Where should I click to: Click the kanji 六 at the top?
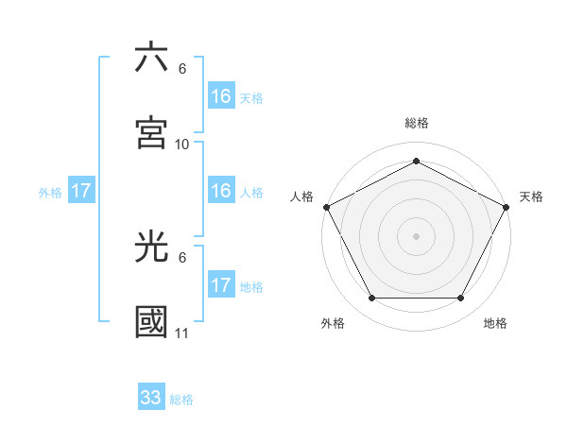click(151, 58)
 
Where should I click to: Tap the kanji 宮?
click(151, 132)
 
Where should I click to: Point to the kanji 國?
click(151, 322)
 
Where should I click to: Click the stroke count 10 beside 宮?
click(182, 145)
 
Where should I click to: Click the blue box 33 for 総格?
click(151, 398)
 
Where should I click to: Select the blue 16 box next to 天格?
click(221, 96)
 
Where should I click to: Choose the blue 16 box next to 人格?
click(221, 191)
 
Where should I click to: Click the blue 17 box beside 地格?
click(221, 285)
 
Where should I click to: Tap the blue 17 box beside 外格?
click(81, 191)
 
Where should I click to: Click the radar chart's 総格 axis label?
click(417, 124)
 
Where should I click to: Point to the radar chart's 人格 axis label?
click(302, 196)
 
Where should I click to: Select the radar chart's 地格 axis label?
click(495, 323)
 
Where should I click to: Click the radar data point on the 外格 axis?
click(371, 299)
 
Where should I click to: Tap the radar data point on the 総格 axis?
click(417, 161)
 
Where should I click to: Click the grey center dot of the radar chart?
click(417, 235)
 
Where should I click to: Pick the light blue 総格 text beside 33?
click(181, 400)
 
